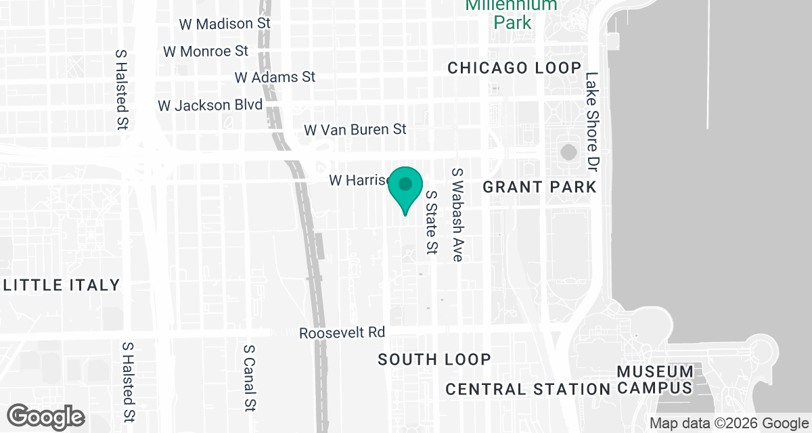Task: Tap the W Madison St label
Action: point(225,23)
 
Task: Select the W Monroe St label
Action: point(206,51)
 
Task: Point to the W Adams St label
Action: point(275,77)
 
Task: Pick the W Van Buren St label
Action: point(355,129)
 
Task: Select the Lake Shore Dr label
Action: point(593,121)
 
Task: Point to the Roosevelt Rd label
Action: point(342,333)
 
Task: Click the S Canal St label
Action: point(248,378)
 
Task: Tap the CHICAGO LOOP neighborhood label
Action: point(514,68)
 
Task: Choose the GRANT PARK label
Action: point(539,186)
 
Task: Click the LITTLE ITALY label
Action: point(62,285)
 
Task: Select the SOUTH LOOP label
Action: point(434,359)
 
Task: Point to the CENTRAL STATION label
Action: point(528,389)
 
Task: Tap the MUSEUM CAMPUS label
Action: point(655,380)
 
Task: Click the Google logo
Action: point(46,416)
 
